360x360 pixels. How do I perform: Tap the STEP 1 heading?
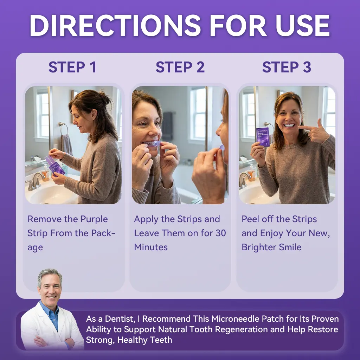72,67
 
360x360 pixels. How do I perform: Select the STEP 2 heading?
180,67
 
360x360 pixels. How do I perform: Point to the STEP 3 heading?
287,67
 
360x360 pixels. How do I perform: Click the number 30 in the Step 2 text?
221,233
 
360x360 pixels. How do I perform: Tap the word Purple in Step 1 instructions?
94,219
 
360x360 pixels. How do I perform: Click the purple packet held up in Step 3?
263,137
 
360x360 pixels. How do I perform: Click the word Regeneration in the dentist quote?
241,329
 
